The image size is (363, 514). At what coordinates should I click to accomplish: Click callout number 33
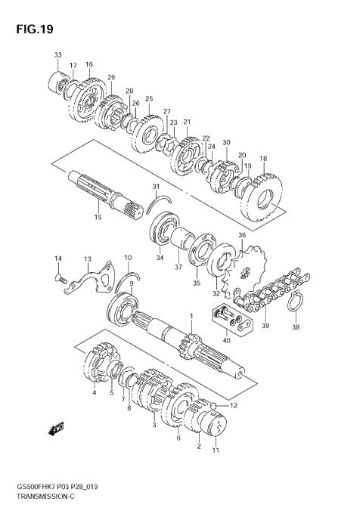[57, 55]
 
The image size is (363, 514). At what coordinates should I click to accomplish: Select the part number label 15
[97, 218]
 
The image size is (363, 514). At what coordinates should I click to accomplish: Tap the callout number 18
[263, 159]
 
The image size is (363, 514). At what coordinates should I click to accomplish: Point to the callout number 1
[192, 316]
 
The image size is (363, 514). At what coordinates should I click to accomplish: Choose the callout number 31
[156, 187]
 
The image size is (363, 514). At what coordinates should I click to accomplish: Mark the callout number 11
[215, 451]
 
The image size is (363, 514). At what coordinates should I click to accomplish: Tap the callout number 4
[95, 392]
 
